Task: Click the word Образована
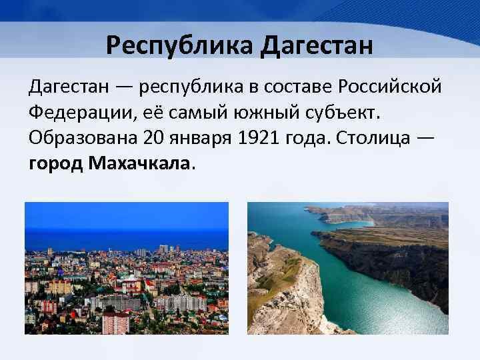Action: [81, 138]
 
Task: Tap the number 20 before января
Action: [153, 138]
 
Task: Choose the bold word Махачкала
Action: [139, 164]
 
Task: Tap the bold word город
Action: [55, 164]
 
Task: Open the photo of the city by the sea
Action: [127, 267]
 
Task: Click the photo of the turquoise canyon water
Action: [347, 267]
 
